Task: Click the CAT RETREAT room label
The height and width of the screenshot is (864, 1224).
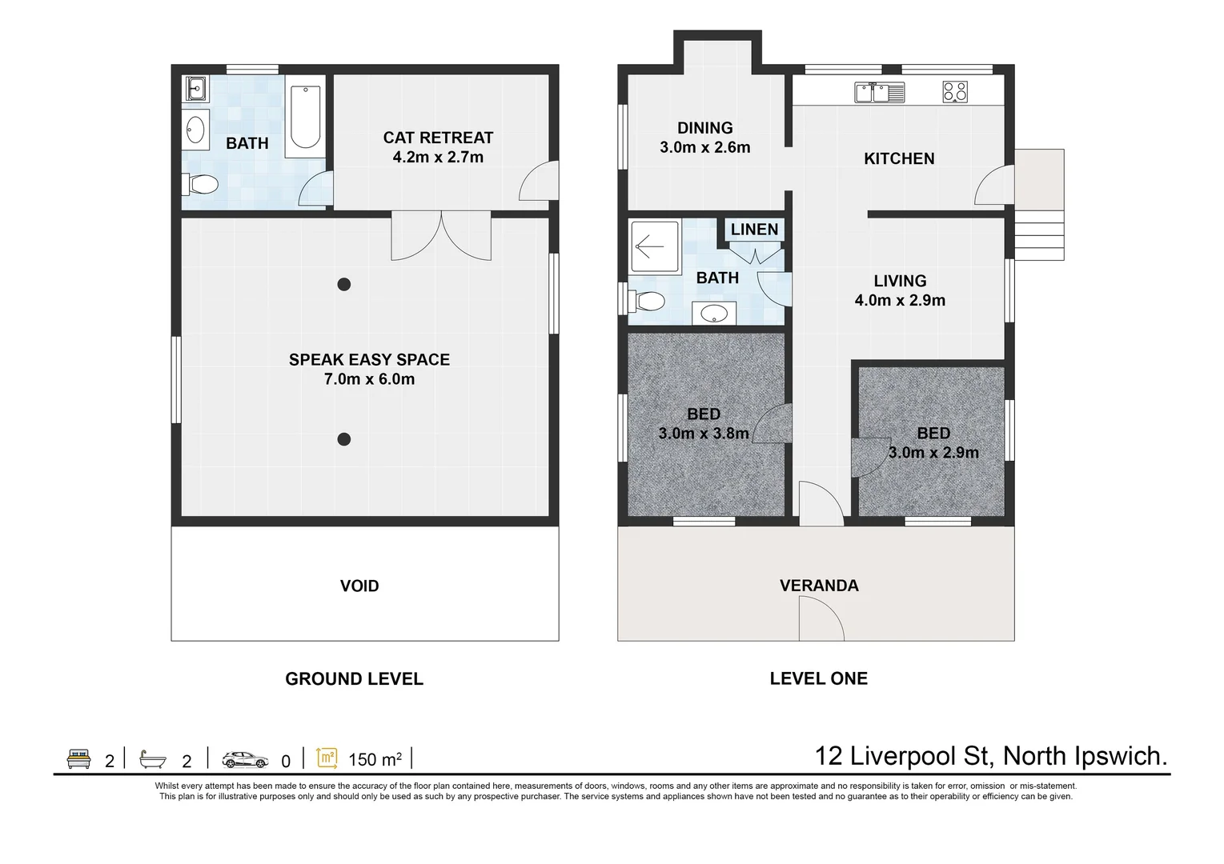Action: (x=438, y=138)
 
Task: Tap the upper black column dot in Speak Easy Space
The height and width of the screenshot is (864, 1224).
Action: (x=343, y=284)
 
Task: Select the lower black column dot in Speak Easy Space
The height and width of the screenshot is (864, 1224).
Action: (x=343, y=438)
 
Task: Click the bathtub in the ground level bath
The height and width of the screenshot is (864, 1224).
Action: (x=305, y=117)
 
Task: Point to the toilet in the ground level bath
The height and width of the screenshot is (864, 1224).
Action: (x=202, y=186)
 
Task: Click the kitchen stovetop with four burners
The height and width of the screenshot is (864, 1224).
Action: (x=955, y=91)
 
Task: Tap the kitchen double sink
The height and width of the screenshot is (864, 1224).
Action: (x=879, y=92)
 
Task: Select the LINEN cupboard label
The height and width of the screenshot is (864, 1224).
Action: (x=754, y=230)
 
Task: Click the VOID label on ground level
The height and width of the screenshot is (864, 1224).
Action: (x=359, y=586)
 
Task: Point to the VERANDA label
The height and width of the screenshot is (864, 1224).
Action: (x=819, y=586)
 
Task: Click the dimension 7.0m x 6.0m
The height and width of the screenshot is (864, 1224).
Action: (x=369, y=379)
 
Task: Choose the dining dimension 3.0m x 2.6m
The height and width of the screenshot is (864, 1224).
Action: (x=704, y=147)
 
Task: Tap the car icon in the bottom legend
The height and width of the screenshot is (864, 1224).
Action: (x=246, y=759)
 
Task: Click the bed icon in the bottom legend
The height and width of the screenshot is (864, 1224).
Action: (x=78, y=759)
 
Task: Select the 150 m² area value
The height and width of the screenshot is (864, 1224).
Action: (x=375, y=759)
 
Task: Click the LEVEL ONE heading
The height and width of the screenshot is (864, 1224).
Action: (x=818, y=678)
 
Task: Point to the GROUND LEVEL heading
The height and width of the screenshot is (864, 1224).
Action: (x=354, y=679)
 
